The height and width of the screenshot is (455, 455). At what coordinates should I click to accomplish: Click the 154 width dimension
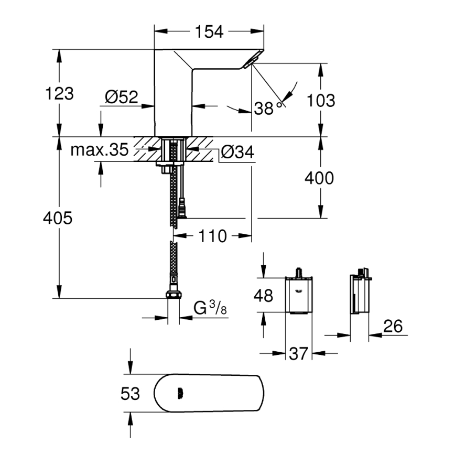pos(210,32)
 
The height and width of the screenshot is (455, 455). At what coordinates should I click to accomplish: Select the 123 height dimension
pos(59,94)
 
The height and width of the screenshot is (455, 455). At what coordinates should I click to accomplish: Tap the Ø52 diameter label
pos(121,97)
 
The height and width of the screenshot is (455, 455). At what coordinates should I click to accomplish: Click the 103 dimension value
pos(320,100)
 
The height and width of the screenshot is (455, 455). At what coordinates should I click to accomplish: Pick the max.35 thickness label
pos(100,151)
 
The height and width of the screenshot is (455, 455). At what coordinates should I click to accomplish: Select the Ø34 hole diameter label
pos(237,152)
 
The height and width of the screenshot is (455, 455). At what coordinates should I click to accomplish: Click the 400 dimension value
pos(319,178)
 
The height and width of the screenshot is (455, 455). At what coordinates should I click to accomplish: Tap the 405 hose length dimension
pos(58,218)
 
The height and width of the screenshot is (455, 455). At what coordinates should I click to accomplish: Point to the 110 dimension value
pos(213,236)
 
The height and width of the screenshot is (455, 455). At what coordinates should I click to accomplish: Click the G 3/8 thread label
pos(210,308)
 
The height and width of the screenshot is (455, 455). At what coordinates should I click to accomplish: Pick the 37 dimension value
pos(298,354)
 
